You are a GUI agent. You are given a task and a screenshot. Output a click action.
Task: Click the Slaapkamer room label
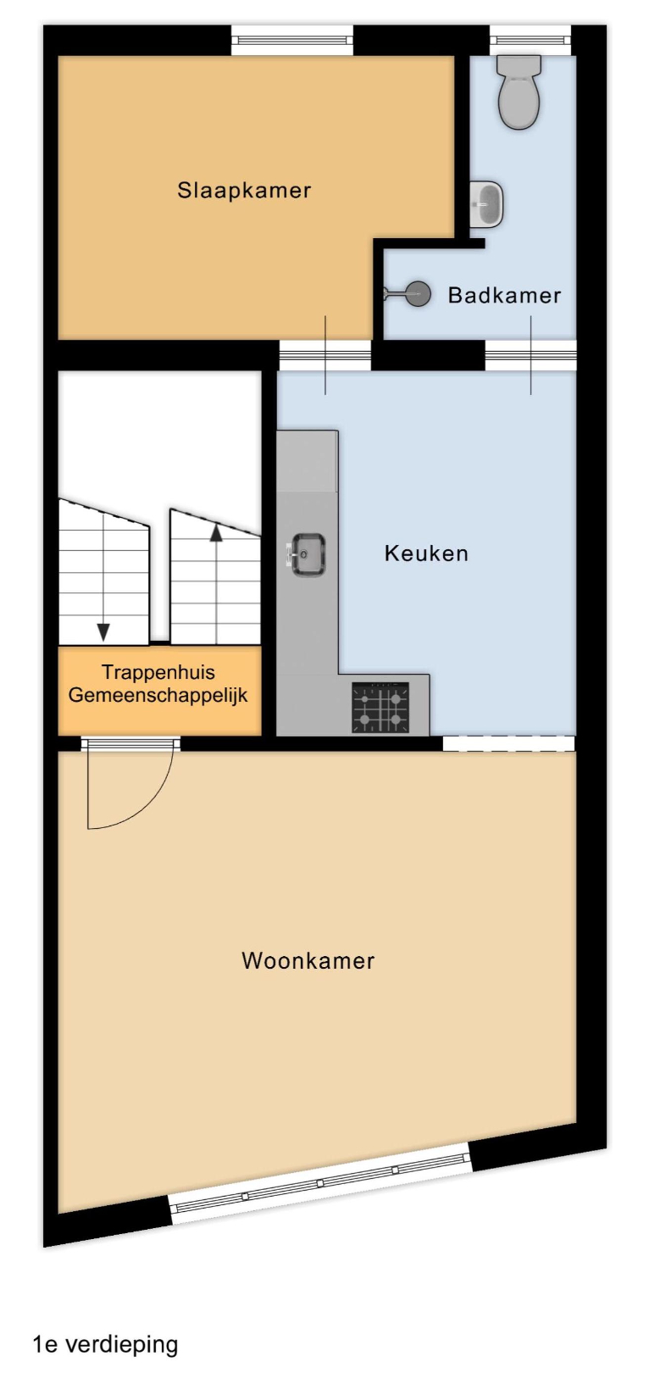[x=244, y=190]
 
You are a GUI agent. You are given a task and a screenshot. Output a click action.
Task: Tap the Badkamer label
[x=504, y=296]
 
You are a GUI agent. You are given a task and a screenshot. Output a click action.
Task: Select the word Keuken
[x=426, y=553]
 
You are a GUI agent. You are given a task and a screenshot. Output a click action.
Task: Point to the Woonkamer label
[x=308, y=960]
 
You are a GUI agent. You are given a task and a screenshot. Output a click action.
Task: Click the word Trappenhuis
[x=158, y=672]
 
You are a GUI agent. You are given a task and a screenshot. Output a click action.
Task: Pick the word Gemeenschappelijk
[x=158, y=695]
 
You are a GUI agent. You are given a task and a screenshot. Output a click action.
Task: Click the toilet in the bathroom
[x=519, y=92]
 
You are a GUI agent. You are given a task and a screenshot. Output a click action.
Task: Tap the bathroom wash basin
[x=486, y=204]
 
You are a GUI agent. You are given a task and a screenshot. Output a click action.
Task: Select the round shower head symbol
[x=419, y=294]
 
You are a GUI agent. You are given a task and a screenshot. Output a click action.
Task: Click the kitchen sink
[x=308, y=555]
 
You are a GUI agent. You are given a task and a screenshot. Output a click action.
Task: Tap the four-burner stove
[x=380, y=708]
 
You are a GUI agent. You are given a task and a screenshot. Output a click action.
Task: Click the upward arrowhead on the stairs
[x=216, y=533]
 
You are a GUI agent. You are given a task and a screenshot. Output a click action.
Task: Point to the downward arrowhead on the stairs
[x=103, y=632]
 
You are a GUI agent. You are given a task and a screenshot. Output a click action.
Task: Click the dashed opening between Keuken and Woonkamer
[x=508, y=743]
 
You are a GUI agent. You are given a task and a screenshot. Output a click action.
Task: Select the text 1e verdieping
[x=105, y=1343]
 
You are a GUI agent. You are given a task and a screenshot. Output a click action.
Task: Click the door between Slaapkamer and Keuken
[x=324, y=355]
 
